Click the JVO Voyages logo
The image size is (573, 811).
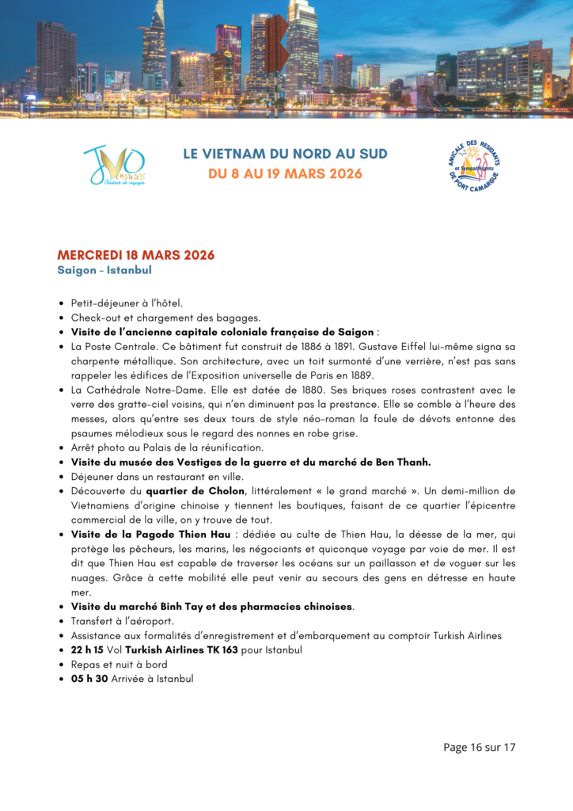pyautogui.click(x=114, y=165)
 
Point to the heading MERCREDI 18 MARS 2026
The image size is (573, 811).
pyautogui.click(x=135, y=255)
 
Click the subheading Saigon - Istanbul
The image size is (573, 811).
pyautogui.click(x=104, y=270)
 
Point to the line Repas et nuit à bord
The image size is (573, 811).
pyautogui.click(x=119, y=664)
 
